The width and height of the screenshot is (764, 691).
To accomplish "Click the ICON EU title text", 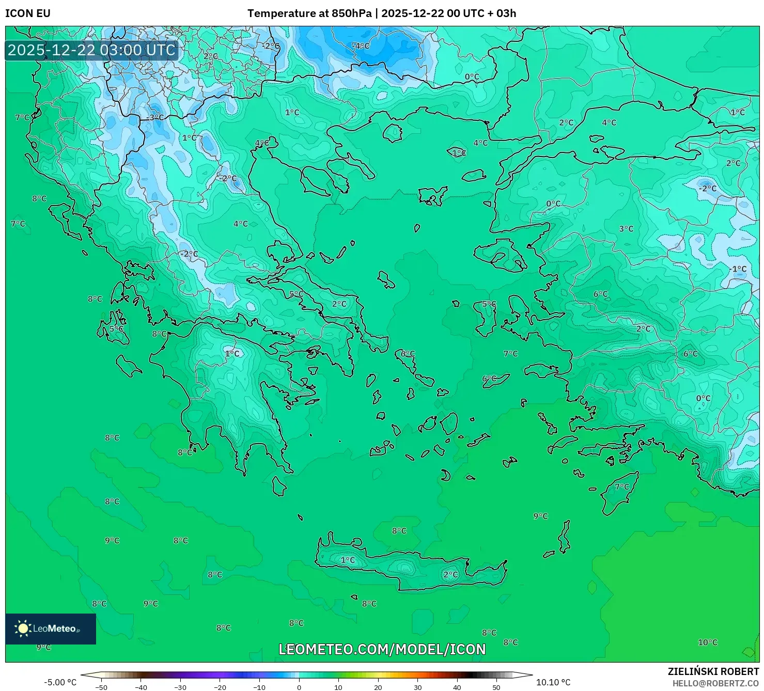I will (x=28, y=13).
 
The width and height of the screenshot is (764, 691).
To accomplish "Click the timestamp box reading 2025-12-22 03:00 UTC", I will (x=91, y=50).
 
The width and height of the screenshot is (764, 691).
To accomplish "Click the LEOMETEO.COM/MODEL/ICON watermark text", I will (x=382, y=650).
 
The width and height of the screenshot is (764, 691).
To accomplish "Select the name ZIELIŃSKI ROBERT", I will (x=713, y=671).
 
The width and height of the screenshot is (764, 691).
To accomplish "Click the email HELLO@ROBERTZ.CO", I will (x=715, y=683).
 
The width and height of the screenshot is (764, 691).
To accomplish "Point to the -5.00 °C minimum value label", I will (x=60, y=682).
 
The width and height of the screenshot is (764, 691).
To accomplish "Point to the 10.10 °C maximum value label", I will (x=553, y=682).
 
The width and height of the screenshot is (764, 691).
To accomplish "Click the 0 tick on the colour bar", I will (x=299, y=687).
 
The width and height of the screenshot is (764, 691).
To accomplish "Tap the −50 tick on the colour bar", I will (x=101, y=687).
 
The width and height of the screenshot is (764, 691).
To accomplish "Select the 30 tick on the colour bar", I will (x=417, y=687).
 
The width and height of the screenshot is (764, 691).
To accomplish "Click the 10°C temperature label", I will (x=708, y=642).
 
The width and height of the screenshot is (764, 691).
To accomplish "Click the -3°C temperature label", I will (x=154, y=118).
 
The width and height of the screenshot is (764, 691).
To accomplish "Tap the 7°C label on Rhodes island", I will (x=622, y=487).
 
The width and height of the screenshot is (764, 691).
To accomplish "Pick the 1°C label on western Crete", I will (x=348, y=560).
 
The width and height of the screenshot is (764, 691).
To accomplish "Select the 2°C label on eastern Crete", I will (x=450, y=574).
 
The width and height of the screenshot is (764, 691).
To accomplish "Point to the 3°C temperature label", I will (x=626, y=229).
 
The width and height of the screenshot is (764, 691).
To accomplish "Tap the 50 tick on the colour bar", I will (x=496, y=687).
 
